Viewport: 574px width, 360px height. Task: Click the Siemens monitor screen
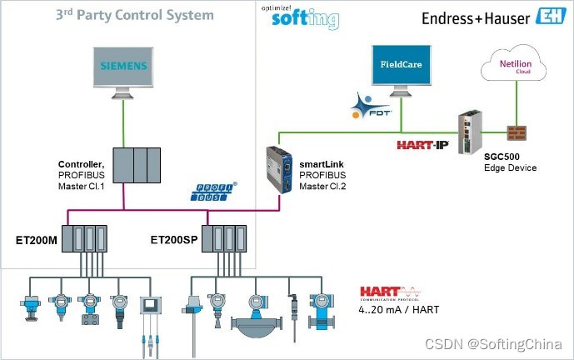[x=124, y=66]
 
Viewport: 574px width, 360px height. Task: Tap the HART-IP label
[x=422, y=144]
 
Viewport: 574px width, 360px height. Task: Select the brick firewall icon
[x=518, y=132]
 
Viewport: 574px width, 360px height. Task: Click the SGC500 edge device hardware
[x=468, y=129]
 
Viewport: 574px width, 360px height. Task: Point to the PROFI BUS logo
[x=215, y=193]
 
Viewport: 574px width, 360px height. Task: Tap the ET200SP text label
[x=174, y=239]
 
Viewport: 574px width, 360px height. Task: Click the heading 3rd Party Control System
[x=134, y=15]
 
